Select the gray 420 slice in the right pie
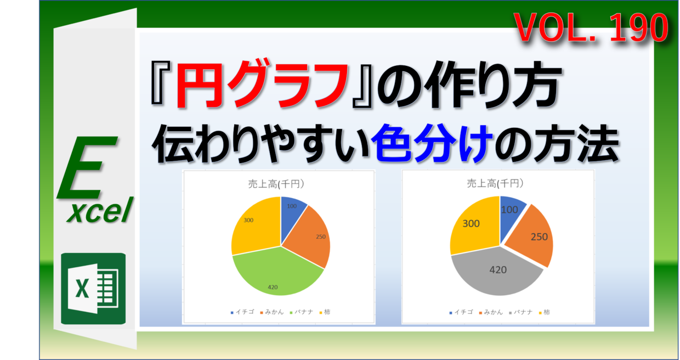tap(494, 274)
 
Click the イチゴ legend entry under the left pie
tap(241, 312)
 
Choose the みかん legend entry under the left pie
tap(272, 312)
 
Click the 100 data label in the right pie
tap(510, 209)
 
